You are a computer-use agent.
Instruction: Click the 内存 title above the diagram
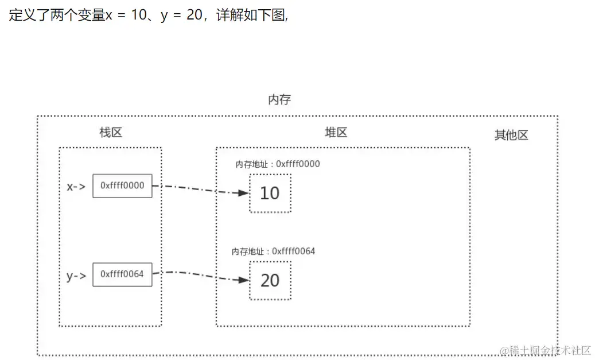pyautogui.click(x=279, y=99)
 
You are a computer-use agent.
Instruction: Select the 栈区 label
pyautogui.click(x=111, y=132)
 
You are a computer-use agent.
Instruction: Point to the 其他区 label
pyautogui.click(x=511, y=136)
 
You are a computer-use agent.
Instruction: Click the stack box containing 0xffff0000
pyautogui.click(x=122, y=185)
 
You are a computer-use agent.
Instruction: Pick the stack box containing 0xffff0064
pyautogui.click(x=122, y=274)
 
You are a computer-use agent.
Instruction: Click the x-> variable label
pyautogui.click(x=76, y=186)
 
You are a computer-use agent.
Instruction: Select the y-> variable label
pyautogui.click(x=76, y=276)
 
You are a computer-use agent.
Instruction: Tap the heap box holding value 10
pyautogui.click(x=270, y=192)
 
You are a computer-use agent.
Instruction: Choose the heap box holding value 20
pyautogui.click(x=270, y=280)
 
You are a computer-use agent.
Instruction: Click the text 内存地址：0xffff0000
pyautogui.click(x=278, y=164)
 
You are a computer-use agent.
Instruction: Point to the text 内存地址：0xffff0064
pyautogui.click(x=274, y=251)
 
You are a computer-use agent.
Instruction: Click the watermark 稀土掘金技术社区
pyautogui.click(x=545, y=350)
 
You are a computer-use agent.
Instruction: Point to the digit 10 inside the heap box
pyautogui.click(x=270, y=193)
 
